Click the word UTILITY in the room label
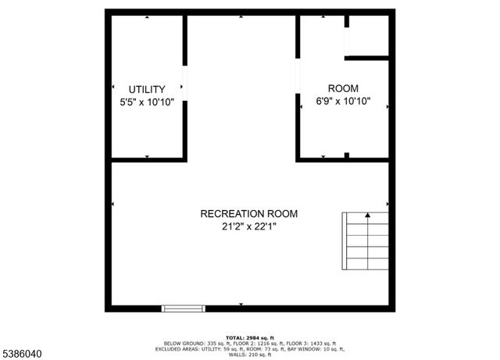147,89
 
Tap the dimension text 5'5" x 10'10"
147,102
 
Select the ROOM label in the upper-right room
343,88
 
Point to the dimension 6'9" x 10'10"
343,101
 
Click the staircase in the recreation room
366,240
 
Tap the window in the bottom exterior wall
184,308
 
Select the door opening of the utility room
185,83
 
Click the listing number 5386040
23,354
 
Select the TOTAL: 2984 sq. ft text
250,335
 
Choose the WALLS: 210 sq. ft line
250,355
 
